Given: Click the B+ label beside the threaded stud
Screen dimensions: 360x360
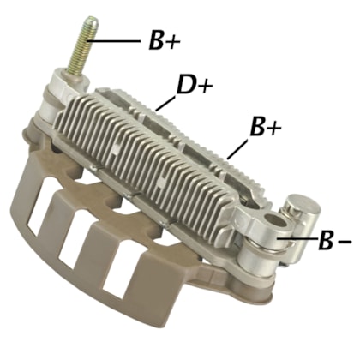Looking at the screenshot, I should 161,41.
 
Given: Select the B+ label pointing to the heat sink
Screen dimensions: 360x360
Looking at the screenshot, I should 264,129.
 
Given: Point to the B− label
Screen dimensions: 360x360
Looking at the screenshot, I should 330,240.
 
